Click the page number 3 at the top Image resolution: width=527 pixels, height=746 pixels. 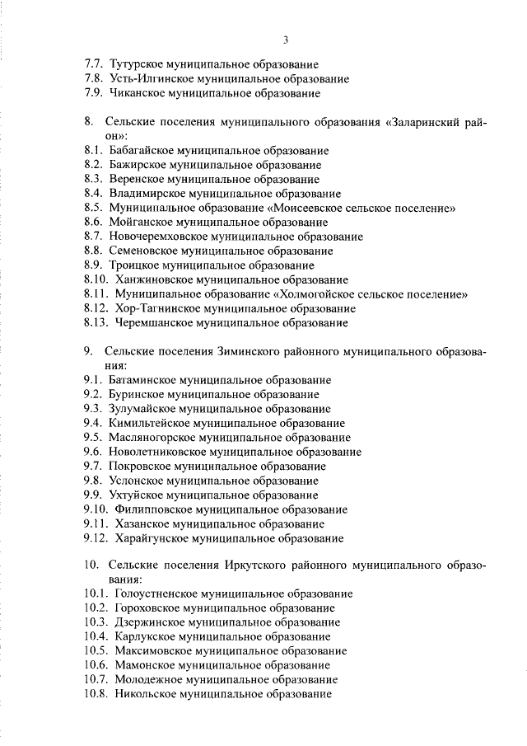[285, 40]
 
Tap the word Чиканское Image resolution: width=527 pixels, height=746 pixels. [138, 94]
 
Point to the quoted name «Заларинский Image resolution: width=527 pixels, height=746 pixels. [424, 122]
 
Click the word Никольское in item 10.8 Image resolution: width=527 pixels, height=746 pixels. [147, 694]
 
